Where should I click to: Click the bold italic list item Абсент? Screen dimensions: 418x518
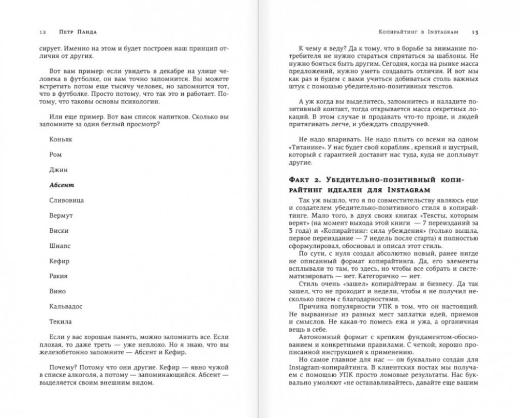tap(62, 184)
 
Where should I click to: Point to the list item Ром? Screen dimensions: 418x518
tap(56, 155)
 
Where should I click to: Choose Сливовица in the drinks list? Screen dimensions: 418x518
tap(67, 199)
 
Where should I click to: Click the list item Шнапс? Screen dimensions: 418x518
tap(60, 245)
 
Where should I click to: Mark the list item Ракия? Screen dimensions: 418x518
tap(58, 276)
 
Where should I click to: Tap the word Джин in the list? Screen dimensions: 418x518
tap(58, 169)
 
